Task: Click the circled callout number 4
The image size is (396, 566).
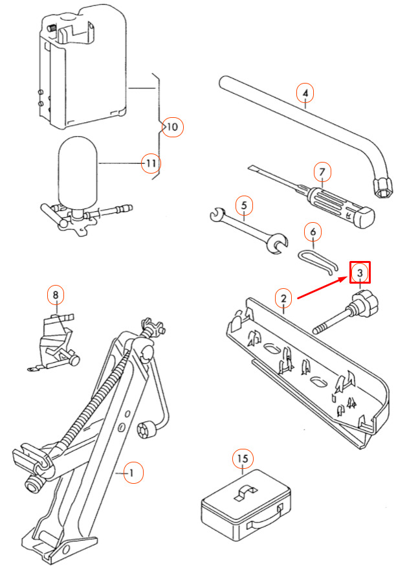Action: pos(305,93)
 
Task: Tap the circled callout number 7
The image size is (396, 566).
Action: pos(322,172)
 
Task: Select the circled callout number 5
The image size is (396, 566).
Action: pos(244,205)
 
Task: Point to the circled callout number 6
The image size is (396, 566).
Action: pos(313,231)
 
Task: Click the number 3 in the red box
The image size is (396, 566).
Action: pos(360,273)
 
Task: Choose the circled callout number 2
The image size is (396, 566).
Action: pos(283,298)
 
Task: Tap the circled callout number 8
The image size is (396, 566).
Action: pos(56,295)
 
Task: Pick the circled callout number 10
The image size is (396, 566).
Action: pos(173,127)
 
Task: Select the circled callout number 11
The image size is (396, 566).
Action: pos(151,163)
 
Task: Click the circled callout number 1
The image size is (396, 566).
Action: pos(133,473)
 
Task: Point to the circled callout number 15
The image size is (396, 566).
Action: pos(243,458)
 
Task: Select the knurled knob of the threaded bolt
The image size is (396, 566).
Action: pos(365,301)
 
